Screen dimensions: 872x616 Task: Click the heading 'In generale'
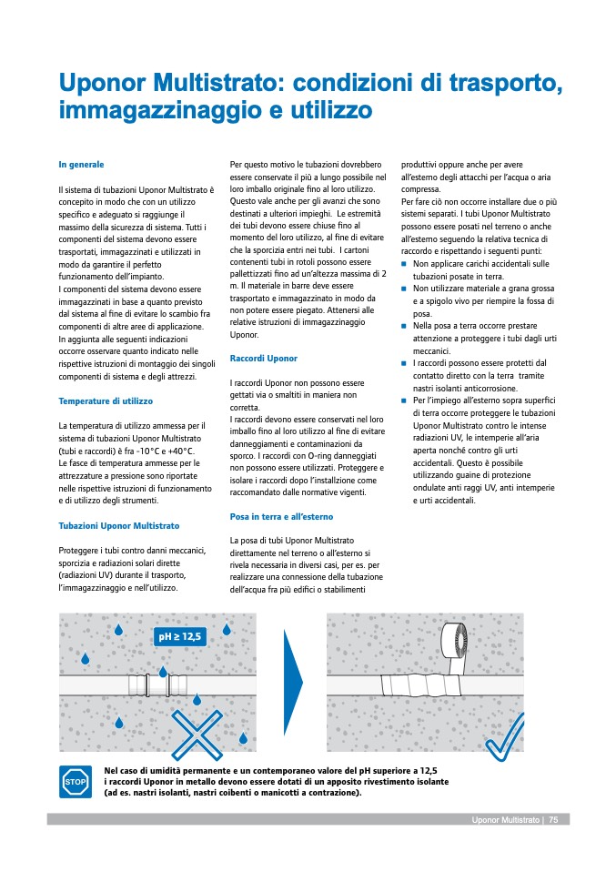(81, 165)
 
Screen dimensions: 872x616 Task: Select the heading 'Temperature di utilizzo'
(106, 401)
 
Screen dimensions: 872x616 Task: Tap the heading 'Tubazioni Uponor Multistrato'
(119, 526)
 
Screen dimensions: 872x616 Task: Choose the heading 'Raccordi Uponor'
(264, 359)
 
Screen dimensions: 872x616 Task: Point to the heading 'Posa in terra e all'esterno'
(281, 517)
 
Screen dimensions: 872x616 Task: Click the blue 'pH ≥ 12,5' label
(181, 636)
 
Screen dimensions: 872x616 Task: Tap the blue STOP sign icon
(75, 781)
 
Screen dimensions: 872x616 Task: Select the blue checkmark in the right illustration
(506, 739)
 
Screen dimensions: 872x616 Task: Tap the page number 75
(554, 820)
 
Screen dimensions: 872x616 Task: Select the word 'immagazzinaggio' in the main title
(160, 112)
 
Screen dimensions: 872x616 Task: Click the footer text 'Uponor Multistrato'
(505, 820)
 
